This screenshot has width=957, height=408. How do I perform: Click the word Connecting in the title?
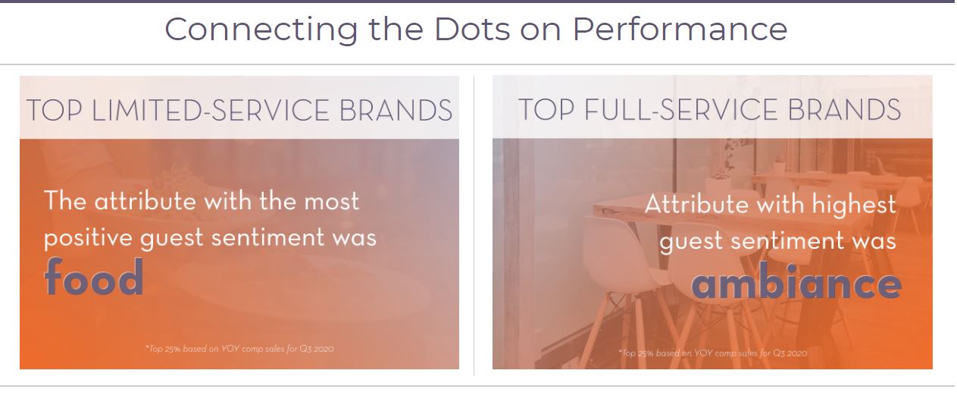pyautogui.click(x=261, y=30)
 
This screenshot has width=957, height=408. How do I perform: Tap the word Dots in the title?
pyautogui.click(x=472, y=29)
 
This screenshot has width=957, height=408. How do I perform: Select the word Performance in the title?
pyautogui.click(x=680, y=29)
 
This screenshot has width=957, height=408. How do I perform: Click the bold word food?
pyautogui.click(x=93, y=277)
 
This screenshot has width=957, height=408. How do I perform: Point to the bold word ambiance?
pyautogui.click(x=796, y=281)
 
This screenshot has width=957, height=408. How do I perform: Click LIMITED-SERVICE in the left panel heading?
pyautogui.click(x=210, y=110)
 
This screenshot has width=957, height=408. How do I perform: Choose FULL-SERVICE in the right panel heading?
pyautogui.click(x=680, y=109)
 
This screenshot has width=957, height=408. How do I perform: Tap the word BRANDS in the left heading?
pyautogui.click(x=396, y=110)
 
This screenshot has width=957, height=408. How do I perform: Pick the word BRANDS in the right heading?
pyautogui.click(x=844, y=109)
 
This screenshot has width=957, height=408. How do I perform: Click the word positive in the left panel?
pyautogui.click(x=88, y=238)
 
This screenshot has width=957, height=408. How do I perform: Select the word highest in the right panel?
pyautogui.click(x=854, y=204)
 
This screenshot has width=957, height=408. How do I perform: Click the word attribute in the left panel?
pyautogui.click(x=145, y=200)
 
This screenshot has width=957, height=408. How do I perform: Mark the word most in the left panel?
pyautogui.click(x=332, y=202)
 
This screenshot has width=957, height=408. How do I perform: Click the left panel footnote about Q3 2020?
pyautogui.click(x=239, y=349)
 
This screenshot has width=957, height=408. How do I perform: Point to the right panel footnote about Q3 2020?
pyautogui.click(x=712, y=353)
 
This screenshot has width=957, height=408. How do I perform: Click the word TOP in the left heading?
pyautogui.click(x=55, y=110)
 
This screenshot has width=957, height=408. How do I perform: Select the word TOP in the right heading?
pyautogui.click(x=546, y=109)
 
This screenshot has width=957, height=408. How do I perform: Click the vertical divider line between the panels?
pyautogui.click(x=474, y=226)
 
